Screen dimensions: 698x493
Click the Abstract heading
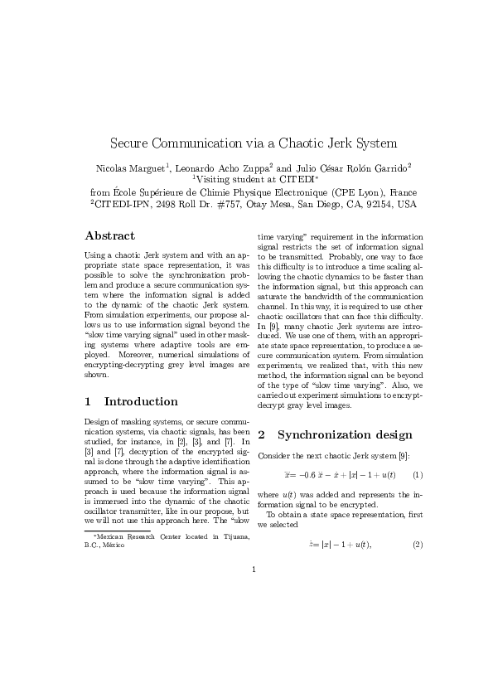[x=110, y=235]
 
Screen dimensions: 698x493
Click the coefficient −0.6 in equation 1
[x=310, y=475]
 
